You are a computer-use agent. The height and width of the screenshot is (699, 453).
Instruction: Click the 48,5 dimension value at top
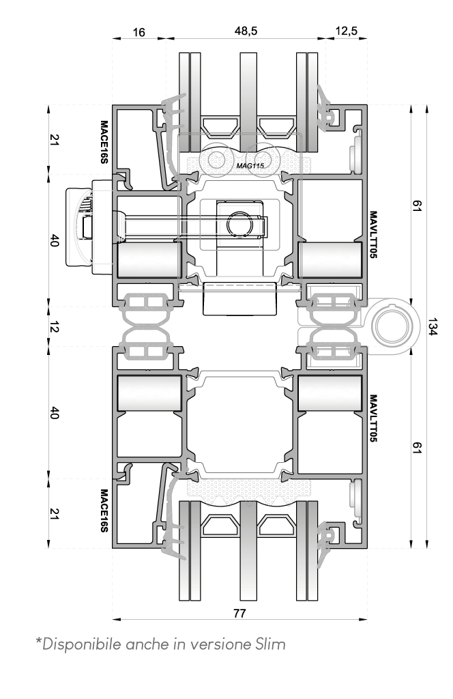point(246,31)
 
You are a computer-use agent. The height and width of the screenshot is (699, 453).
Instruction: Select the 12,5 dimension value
point(346,31)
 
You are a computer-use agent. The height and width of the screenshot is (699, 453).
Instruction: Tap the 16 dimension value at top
point(139,32)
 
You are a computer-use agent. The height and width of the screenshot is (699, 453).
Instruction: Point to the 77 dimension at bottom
point(239,614)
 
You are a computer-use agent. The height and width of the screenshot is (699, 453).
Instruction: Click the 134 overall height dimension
point(433,326)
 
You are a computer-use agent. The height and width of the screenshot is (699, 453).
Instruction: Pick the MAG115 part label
point(250,166)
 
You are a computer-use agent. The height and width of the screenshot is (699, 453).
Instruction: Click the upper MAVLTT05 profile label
point(373,235)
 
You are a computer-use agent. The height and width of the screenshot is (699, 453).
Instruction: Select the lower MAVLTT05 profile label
point(373,418)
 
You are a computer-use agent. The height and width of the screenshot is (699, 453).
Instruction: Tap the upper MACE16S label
point(104,142)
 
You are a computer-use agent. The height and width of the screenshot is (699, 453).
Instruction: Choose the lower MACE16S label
point(104,511)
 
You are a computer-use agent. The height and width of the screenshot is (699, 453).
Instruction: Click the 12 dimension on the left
point(53,328)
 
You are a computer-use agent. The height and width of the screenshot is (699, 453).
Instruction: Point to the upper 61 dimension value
point(416,205)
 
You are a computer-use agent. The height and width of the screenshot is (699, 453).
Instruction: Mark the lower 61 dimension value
point(416,448)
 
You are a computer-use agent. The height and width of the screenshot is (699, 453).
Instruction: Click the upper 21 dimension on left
point(54,140)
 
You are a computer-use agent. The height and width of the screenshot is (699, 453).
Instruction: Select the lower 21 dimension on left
point(54,513)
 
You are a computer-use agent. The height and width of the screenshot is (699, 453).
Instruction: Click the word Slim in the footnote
point(270,644)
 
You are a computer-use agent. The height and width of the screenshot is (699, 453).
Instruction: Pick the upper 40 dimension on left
point(54,241)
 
